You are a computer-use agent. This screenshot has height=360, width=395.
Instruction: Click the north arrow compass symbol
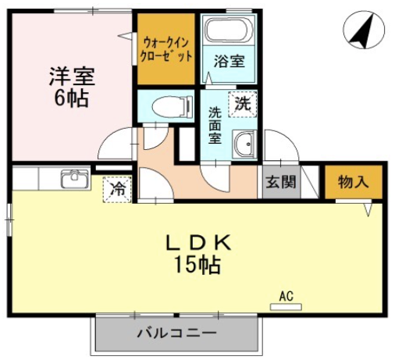[x=364, y=30]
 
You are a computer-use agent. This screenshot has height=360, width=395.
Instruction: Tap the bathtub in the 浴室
[x=229, y=30]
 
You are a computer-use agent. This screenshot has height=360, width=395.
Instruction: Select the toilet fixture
[x=173, y=107]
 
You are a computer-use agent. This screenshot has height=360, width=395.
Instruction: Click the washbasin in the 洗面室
[x=244, y=144]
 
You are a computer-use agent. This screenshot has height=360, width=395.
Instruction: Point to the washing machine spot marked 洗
[x=243, y=104]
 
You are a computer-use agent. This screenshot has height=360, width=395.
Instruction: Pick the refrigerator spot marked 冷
[x=117, y=189]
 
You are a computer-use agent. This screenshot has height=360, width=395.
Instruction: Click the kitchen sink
[x=75, y=179]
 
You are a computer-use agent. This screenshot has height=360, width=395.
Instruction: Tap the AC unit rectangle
[x=286, y=307]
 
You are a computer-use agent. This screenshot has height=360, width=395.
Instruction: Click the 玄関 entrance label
[x=281, y=182]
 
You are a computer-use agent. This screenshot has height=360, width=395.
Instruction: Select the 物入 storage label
[x=354, y=182]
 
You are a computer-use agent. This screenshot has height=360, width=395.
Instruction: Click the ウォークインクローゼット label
[x=166, y=49]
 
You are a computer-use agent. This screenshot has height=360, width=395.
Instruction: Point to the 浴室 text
[x=229, y=62]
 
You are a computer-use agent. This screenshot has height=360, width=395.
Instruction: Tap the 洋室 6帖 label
[x=72, y=87]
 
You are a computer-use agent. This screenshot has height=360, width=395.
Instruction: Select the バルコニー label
[x=176, y=333]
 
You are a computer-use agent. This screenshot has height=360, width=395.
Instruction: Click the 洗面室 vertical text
[x=215, y=126]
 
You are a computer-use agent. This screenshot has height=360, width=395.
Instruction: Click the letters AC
[x=286, y=296]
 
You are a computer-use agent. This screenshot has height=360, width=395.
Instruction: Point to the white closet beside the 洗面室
[x=187, y=144]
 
